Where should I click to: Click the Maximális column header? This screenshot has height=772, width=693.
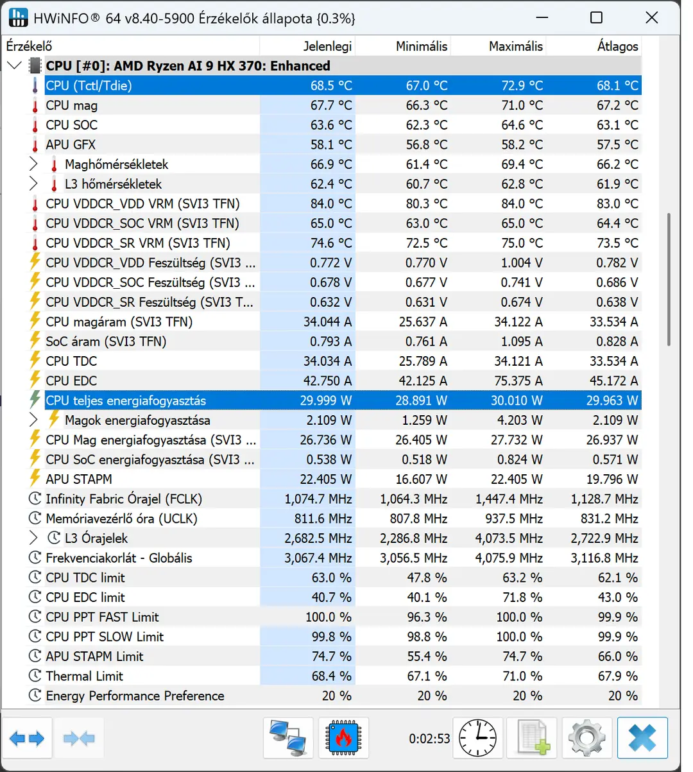pyautogui.click(x=515, y=46)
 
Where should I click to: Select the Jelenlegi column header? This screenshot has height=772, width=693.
pyautogui.click(x=327, y=46)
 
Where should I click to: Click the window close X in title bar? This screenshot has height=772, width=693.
pyautogui.click(x=651, y=17)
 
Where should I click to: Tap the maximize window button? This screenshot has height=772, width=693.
pyautogui.click(x=596, y=17)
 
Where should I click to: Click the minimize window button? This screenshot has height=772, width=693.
pyautogui.click(x=542, y=17)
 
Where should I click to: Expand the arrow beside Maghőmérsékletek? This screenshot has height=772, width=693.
pyautogui.click(x=33, y=164)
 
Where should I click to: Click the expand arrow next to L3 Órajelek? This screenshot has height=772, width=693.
pyautogui.click(x=33, y=538)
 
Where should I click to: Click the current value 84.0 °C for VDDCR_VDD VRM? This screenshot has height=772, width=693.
pyautogui.click(x=331, y=203)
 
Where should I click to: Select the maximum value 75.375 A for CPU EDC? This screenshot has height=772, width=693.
pyautogui.click(x=518, y=381)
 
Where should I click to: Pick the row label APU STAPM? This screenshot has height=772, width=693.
pyautogui.click(x=79, y=479)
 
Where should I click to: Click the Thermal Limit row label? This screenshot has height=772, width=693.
pyautogui.click(x=84, y=676)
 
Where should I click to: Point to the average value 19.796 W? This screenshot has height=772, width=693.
pyautogui.click(x=612, y=479)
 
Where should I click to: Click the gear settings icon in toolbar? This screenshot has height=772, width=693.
pyautogui.click(x=586, y=738)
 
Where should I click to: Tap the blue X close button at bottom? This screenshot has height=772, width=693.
pyautogui.click(x=642, y=738)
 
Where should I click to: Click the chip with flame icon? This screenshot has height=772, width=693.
pyautogui.click(x=343, y=738)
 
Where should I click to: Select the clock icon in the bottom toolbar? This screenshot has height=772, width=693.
pyautogui.click(x=477, y=738)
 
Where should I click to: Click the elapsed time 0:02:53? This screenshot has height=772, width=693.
pyautogui.click(x=429, y=739)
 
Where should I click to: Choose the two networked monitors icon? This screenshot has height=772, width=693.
pyautogui.click(x=288, y=738)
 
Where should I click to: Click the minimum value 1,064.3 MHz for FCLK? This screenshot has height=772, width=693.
pyautogui.click(x=413, y=499)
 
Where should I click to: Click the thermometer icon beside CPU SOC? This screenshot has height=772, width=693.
pyautogui.click(x=35, y=125)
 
